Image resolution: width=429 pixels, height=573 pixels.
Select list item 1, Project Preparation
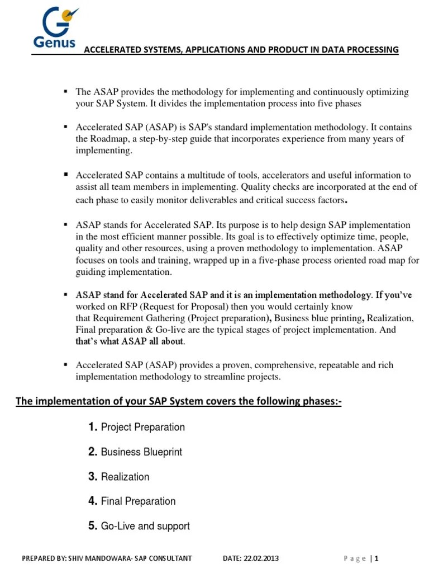(142, 427)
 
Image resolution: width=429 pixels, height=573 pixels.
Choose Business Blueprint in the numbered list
(141, 452)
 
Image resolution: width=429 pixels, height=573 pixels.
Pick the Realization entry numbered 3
(125, 477)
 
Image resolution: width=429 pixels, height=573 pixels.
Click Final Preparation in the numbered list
(138, 501)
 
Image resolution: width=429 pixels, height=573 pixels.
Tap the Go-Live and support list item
(145, 526)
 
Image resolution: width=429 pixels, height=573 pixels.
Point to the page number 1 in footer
(377, 558)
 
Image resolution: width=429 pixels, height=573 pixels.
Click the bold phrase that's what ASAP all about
(130, 341)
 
